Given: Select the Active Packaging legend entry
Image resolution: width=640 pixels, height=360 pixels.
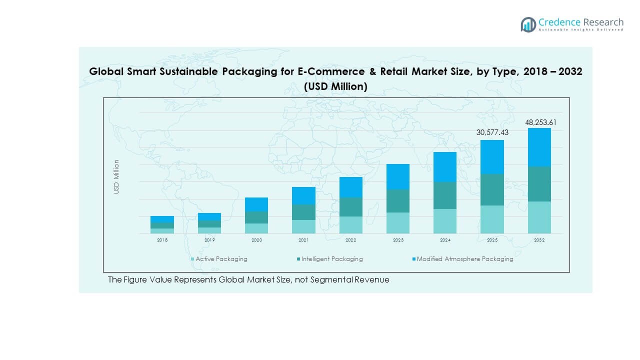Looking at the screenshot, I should pyautogui.click(x=221, y=259).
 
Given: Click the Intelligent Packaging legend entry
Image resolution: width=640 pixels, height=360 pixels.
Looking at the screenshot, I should pyautogui.click(x=332, y=259).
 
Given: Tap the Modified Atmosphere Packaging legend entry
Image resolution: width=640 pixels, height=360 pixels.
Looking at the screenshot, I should pyautogui.click(x=464, y=259).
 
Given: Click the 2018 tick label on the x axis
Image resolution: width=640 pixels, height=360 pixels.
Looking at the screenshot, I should pyautogui.click(x=162, y=240).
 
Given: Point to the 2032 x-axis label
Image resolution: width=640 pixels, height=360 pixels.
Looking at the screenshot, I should pyautogui.click(x=539, y=240).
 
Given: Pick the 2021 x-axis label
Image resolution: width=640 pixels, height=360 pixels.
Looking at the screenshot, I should pyautogui.click(x=303, y=240).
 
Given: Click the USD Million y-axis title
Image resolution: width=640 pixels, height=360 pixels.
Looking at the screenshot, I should pyautogui.click(x=116, y=176).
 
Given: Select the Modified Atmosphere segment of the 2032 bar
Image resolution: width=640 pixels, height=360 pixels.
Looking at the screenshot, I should pyautogui.click(x=539, y=147).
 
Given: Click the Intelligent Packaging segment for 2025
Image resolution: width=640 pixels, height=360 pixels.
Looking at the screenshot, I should pyautogui.click(x=492, y=190).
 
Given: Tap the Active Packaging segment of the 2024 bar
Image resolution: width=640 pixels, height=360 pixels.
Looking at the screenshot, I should pyautogui.click(x=445, y=221).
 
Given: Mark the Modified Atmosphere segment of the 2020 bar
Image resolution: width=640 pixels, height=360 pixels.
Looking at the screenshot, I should pyautogui.click(x=256, y=204).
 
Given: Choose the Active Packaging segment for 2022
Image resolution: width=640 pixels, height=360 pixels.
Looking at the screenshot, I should pyautogui.click(x=350, y=225).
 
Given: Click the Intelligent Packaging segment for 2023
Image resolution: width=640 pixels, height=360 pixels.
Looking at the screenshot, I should pyautogui.click(x=398, y=201).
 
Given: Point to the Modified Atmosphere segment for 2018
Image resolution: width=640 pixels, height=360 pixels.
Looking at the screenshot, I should pyautogui.click(x=162, y=219).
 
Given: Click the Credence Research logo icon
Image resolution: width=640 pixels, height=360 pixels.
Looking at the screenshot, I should pyautogui.click(x=528, y=24).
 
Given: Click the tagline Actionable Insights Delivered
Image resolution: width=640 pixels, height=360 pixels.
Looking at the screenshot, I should pyautogui.click(x=581, y=30).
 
